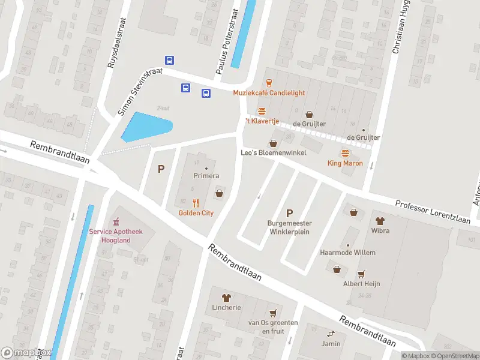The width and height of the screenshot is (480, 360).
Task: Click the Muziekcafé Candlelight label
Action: click(269, 93)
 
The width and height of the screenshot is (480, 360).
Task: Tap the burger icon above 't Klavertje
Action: click(262, 111)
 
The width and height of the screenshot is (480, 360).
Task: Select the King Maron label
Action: click(345, 163)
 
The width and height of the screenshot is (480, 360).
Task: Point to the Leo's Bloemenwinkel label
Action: click(274, 153)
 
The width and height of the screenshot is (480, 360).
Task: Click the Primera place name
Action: click(206, 176)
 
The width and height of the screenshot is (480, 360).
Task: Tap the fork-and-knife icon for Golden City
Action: click(196, 203)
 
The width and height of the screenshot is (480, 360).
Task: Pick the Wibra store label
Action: click(380, 230)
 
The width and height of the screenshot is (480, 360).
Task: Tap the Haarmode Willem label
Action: click(348, 253)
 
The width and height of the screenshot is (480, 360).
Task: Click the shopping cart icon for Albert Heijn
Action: click(361, 274)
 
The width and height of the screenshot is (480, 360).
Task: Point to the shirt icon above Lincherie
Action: click(226, 297)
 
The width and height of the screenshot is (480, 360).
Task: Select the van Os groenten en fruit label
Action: click(274, 326)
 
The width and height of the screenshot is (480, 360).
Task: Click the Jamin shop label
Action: click(330, 344)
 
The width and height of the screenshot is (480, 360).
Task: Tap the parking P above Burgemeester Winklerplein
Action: click(290, 213)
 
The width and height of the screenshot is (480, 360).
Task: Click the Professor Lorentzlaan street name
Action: click(437, 212)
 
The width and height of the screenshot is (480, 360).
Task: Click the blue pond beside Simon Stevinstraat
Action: click(146, 127)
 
